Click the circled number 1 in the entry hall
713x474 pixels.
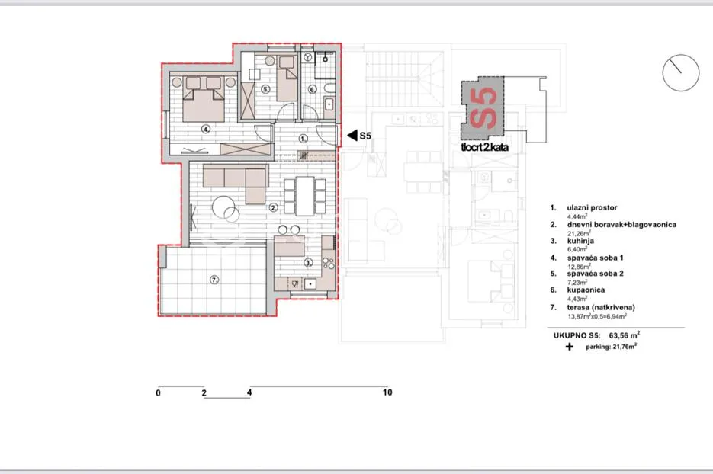tap(304, 138)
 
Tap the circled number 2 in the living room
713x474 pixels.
tap(273, 208)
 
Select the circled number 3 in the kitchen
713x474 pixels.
tap(308, 262)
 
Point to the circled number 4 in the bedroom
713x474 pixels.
tap(206, 130)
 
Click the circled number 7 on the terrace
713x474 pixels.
tap(214, 280)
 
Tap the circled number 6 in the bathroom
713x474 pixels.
tap(312, 89)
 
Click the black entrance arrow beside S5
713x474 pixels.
tap(352, 135)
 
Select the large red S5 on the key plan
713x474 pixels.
tap(483, 108)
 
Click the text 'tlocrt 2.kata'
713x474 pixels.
tap(485, 147)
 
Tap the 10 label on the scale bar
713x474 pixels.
tap(387, 392)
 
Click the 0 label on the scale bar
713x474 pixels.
tap(159, 393)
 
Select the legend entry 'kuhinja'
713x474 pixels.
tap(580, 241)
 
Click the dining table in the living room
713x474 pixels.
tap(305, 197)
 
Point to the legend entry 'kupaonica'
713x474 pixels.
tap(586, 290)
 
